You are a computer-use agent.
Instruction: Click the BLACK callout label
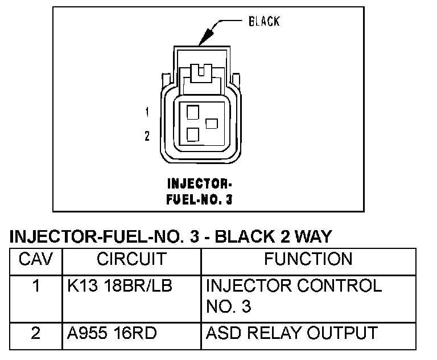[264, 22]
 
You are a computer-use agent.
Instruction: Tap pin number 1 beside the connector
[147, 112]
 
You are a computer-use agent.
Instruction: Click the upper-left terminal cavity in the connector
[192, 112]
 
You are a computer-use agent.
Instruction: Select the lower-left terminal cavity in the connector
[192, 134]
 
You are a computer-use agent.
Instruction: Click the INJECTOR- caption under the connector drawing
[199, 185]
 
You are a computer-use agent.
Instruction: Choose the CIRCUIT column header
[131, 259]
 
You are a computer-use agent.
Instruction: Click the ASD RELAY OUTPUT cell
[291, 333]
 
